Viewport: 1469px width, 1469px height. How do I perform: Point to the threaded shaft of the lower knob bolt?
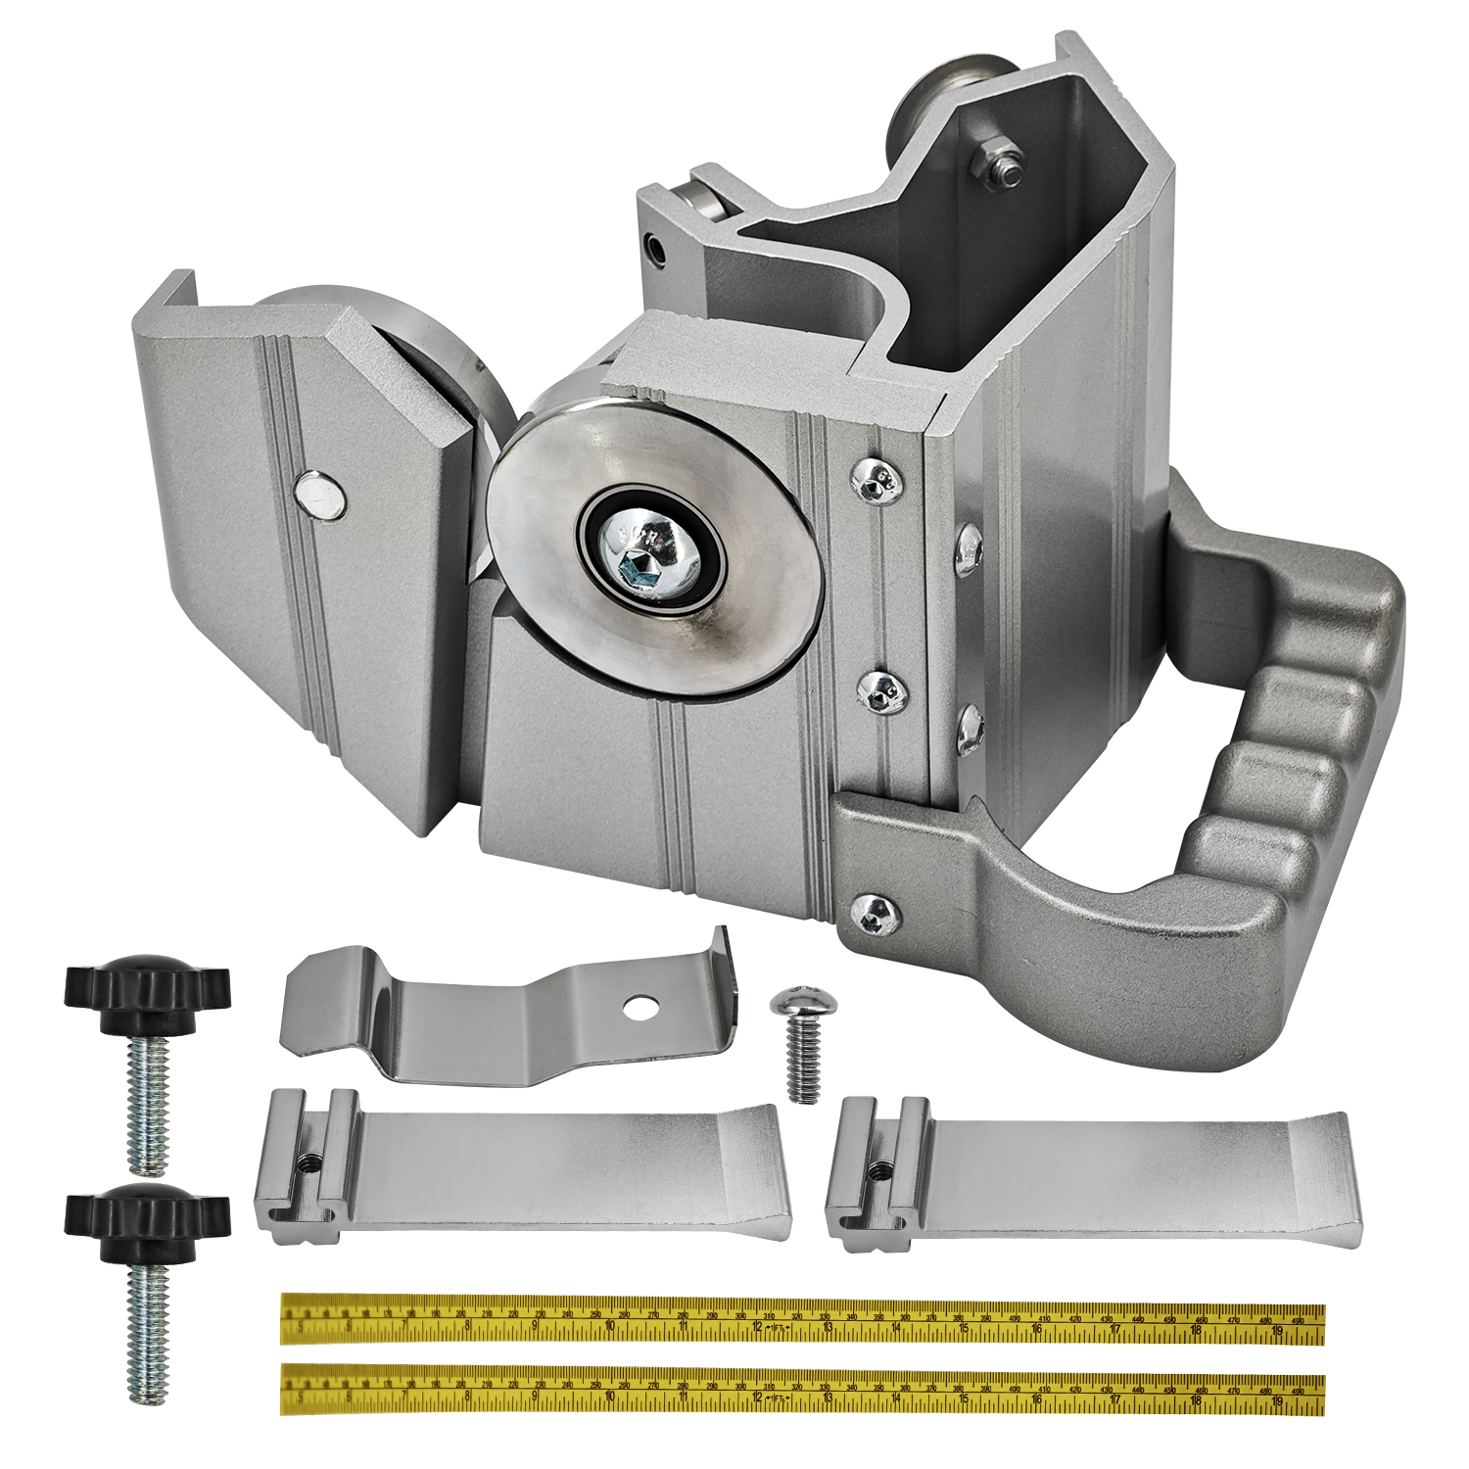coord(147,1337)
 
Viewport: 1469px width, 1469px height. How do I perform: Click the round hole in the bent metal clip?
coord(642,1007)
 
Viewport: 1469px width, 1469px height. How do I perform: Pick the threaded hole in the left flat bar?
coord(311,1162)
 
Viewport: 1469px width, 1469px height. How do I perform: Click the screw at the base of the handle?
coord(877,913)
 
